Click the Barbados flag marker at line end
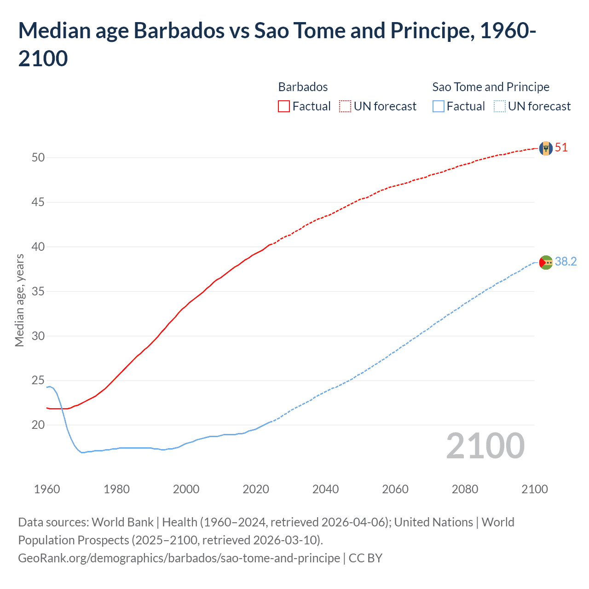pyautogui.click(x=546, y=148)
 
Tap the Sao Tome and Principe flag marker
pyautogui.click(x=546, y=262)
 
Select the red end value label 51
pyautogui.click(x=561, y=148)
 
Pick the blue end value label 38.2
pyautogui.click(x=566, y=262)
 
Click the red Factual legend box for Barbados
pyautogui.click(x=284, y=106)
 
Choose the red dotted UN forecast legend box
pyautogui.click(x=345, y=106)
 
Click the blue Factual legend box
pyautogui.click(x=439, y=106)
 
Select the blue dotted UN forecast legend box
pyautogui.click(x=499, y=106)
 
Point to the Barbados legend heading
pyautogui.click(x=303, y=87)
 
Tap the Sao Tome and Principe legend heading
pyautogui.click(x=491, y=87)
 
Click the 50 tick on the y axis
pyautogui.click(x=38, y=158)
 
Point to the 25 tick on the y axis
pyautogui.click(x=38, y=381)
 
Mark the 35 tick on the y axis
pyautogui.click(x=38, y=291)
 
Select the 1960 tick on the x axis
pyautogui.click(x=47, y=489)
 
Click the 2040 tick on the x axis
pyautogui.click(x=325, y=489)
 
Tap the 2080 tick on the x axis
pyautogui.click(x=465, y=489)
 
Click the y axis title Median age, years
pyautogui.click(x=19, y=300)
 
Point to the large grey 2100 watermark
pyautogui.click(x=485, y=446)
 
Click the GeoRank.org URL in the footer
pyautogui.click(x=179, y=558)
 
